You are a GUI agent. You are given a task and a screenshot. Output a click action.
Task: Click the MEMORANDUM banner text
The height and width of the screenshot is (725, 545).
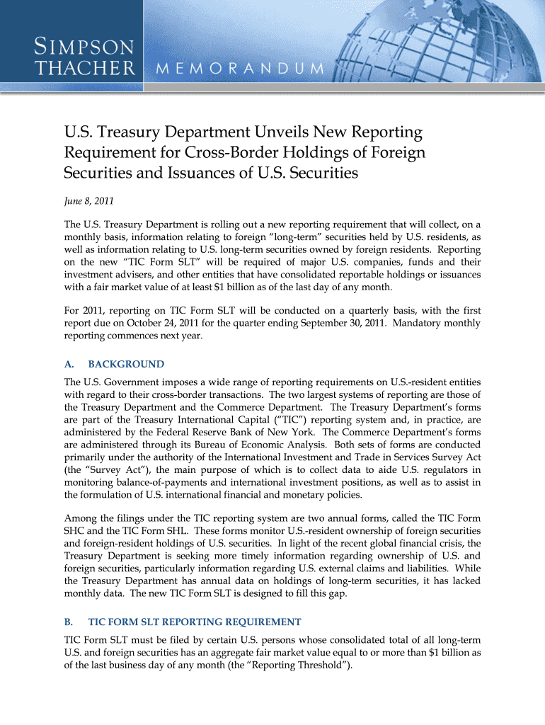(239, 69)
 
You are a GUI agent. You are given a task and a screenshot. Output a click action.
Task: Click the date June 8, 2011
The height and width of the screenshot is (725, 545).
(88, 200)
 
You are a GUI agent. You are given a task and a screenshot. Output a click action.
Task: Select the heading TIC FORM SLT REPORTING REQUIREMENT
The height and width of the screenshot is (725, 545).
(195, 622)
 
